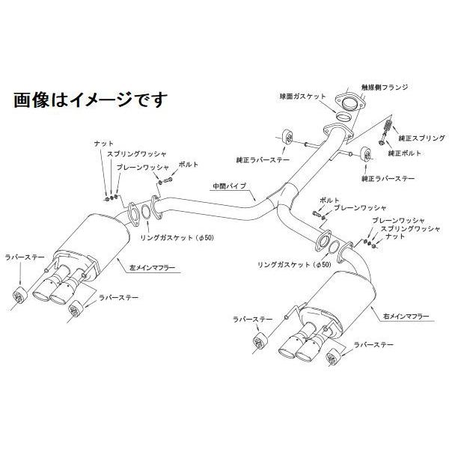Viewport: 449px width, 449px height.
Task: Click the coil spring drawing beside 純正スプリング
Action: [387, 128]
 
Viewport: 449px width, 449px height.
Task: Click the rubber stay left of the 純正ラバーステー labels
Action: [288, 139]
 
